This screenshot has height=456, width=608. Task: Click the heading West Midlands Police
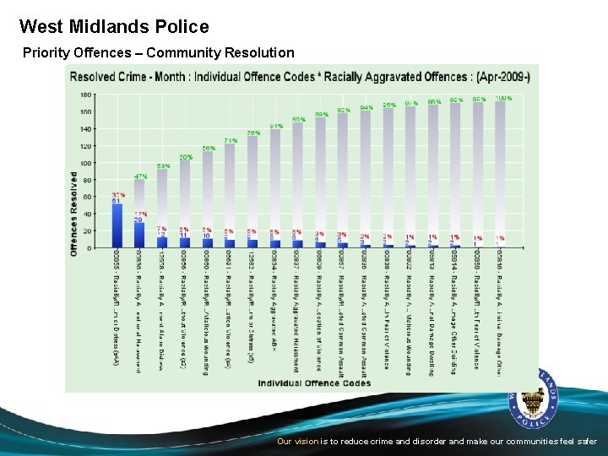[114, 27]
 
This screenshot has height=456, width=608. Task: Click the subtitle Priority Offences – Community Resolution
[159, 53]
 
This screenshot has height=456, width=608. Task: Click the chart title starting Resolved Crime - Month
[300, 76]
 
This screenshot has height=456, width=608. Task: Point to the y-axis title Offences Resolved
[74, 213]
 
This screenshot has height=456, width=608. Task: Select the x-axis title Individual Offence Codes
[314, 383]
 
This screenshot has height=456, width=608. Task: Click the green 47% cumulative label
[140, 176]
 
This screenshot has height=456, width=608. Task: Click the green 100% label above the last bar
[503, 98]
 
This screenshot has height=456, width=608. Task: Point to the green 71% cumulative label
[230, 140]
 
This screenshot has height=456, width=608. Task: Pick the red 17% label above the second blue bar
[139, 214]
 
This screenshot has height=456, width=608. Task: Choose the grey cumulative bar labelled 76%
[252, 190]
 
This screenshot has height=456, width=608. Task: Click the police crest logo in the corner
[534, 404]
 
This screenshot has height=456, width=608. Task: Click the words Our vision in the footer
[297, 442]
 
